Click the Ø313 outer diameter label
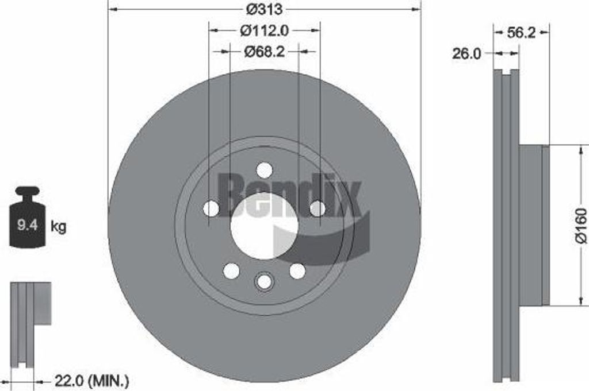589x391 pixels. click(x=264, y=10)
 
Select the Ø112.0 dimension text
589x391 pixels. click(x=264, y=29)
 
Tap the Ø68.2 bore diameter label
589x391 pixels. click(x=264, y=52)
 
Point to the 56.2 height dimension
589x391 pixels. click(x=521, y=33)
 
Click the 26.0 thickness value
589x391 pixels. click(x=466, y=53)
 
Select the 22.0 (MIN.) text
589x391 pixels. click(x=91, y=380)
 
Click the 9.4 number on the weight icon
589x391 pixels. click(x=27, y=225)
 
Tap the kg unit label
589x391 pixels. click(x=59, y=226)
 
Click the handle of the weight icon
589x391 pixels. click(x=27, y=192)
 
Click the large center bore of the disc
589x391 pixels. click(x=264, y=226)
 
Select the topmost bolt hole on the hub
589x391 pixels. click(x=264, y=171)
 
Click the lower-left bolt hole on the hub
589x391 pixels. click(x=231, y=271)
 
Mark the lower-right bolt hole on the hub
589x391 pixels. click(x=297, y=271)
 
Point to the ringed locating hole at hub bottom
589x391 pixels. click(x=264, y=281)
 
